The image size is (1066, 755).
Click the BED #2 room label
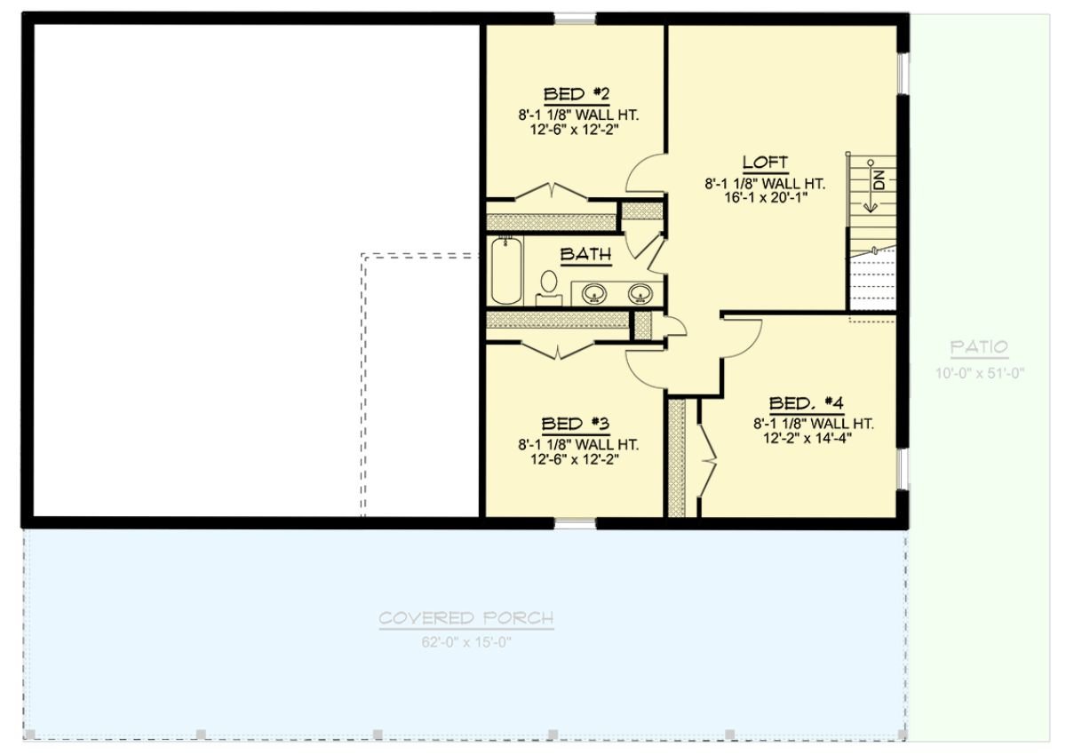tap(576, 93)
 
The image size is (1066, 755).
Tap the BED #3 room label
tap(576, 424)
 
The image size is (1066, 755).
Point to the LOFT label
tap(765, 162)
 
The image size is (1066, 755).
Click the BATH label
tap(585, 255)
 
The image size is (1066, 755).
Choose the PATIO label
tap(979, 347)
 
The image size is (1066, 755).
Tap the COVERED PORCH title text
tap(466, 618)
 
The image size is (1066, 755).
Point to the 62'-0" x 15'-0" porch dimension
tap(466, 641)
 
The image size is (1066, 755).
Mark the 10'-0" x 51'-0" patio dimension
tap(979, 373)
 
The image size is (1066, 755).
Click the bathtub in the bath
tap(505, 270)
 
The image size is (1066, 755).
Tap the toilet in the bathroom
tap(548, 285)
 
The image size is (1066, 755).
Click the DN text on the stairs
tap(879, 181)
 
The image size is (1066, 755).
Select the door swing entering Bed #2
tap(647, 174)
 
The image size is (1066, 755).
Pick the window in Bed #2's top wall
tap(575, 19)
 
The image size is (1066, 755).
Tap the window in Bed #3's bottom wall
tap(576, 522)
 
